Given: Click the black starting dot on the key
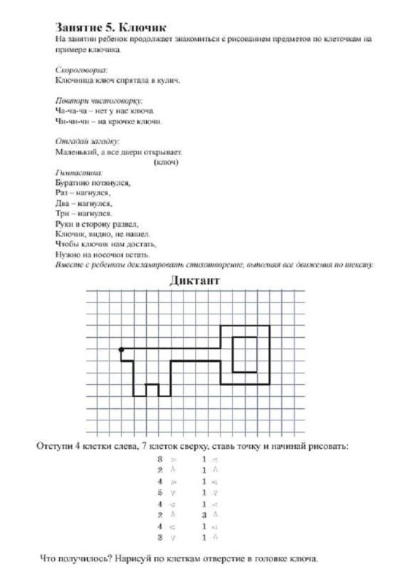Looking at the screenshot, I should click(121, 350).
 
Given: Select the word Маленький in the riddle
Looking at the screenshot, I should click(77, 151).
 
